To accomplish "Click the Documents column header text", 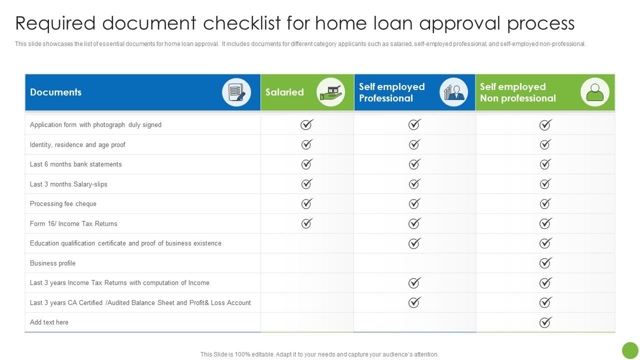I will [x=55, y=92].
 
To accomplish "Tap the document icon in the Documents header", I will [x=236, y=92].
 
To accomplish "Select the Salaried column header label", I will [x=284, y=92].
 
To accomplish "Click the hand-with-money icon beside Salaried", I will [x=330, y=92].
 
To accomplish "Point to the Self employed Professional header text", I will [x=391, y=92].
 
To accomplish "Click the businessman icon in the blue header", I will [x=453, y=92].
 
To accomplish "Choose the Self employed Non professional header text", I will [x=517, y=92].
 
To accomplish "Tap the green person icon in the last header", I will [x=594, y=92].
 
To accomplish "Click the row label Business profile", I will [x=52, y=263].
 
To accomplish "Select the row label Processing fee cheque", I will [x=63, y=204].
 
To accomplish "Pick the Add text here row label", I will [x=49, y=322].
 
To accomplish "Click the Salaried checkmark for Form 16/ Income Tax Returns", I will [x=306, y=223].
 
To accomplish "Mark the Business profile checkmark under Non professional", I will [x=545, y=263].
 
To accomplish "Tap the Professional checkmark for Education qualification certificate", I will [x=414, y=243].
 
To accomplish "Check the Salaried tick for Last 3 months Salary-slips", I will [x=306, y=184].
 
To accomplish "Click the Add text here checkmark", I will [x=545, y=322].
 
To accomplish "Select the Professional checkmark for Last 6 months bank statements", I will [x=414, y=164].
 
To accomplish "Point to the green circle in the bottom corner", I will [x=630, y=350].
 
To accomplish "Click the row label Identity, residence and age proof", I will [x=77, y=145].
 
